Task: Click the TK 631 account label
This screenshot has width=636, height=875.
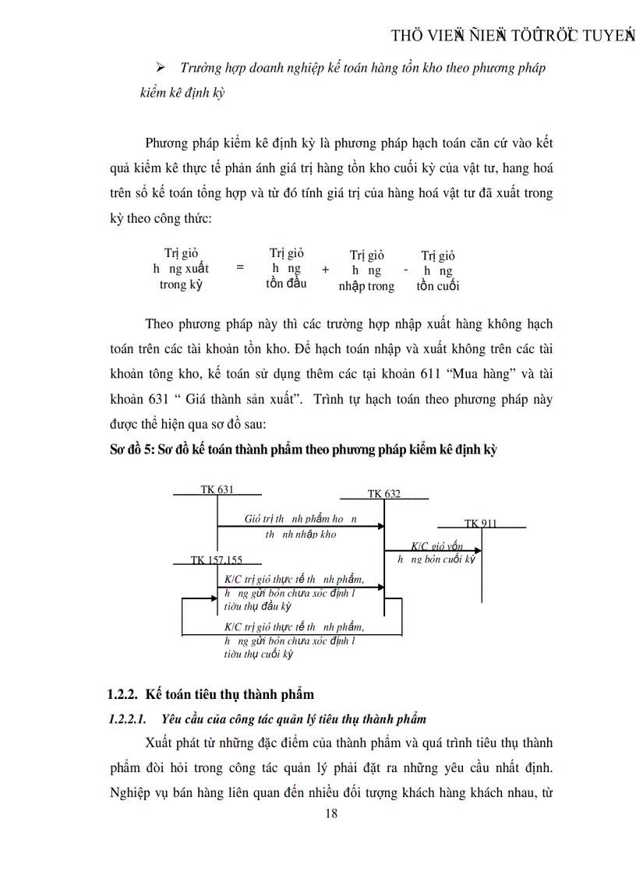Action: [x=217, y=489]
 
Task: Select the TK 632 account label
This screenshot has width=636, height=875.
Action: [x=383, y=494]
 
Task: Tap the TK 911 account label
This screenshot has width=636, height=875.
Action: [x=480, y=524]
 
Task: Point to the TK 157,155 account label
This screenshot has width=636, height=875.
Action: [x=217, y=560]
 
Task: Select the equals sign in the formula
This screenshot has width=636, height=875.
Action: [x=240, y=266]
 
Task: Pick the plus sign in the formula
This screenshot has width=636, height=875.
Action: [x=325, y=269]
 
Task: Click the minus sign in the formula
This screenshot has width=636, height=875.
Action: [x=406, y=270]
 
